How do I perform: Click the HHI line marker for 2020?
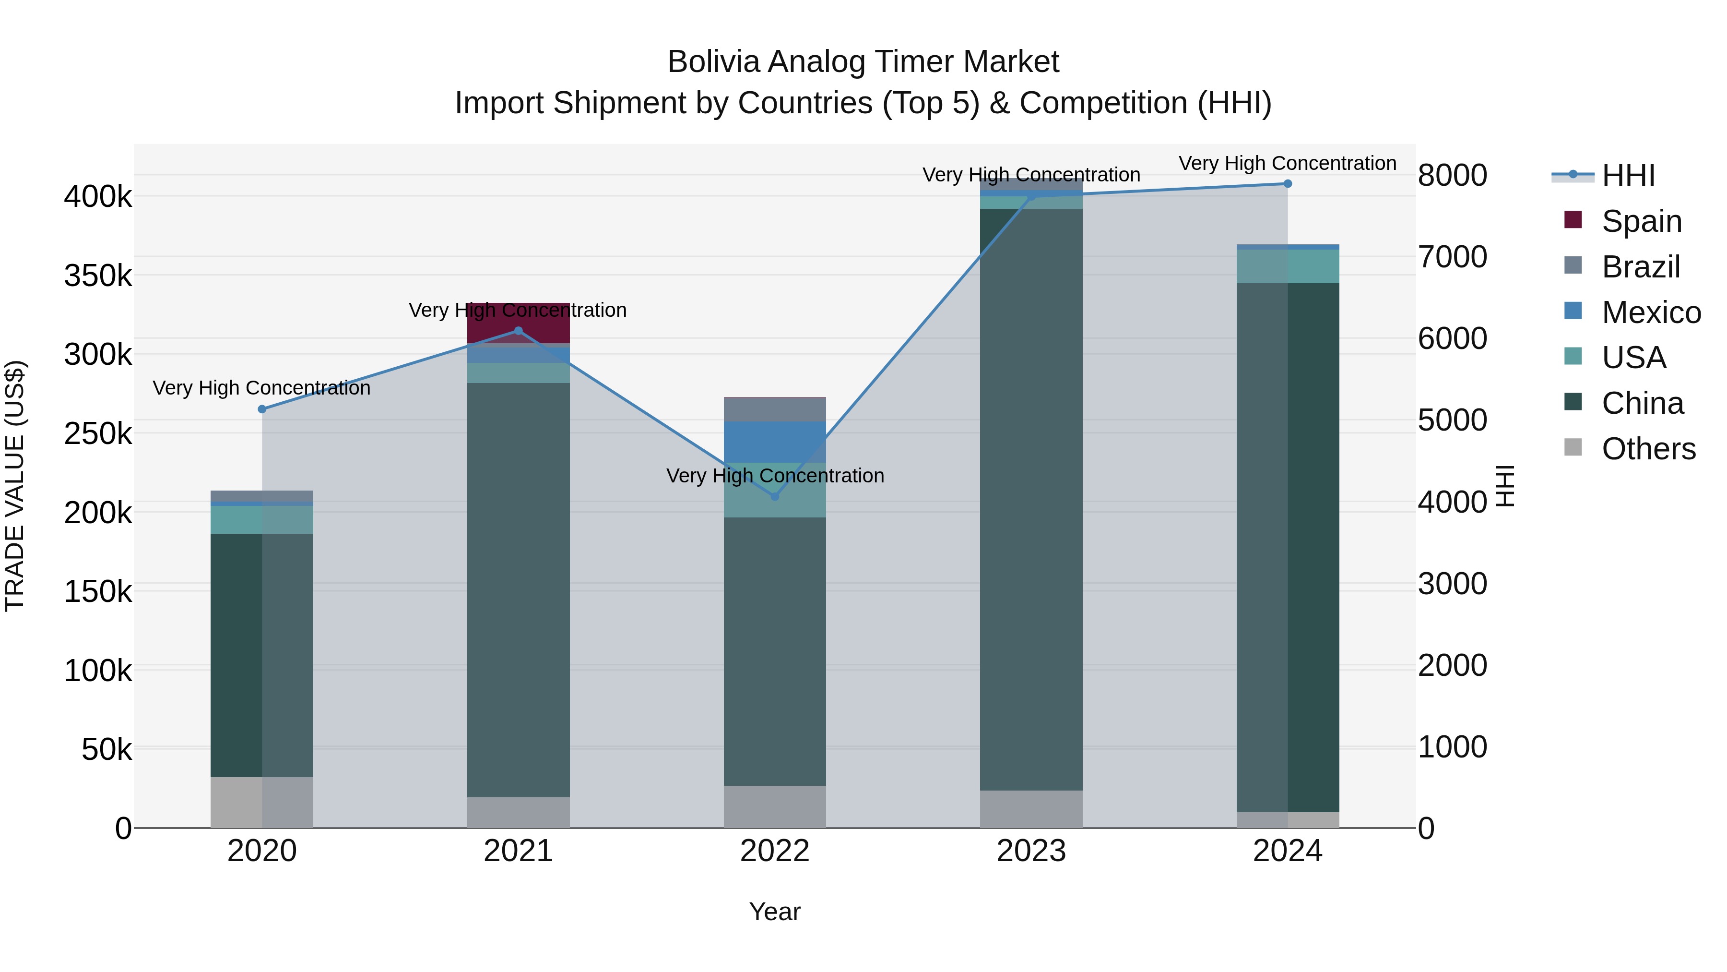click(x=262, y=409)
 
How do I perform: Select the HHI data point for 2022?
click(x=775, y=496)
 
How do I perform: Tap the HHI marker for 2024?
click(x=1287, y=184)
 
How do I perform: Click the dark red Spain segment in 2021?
click(x=518, y=324)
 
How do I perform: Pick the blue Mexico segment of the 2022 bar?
click(x=775, y=442)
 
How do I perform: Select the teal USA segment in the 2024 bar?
click(x=1287, y=266)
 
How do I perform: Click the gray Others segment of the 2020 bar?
click(x=262, y=802)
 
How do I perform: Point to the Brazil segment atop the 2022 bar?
click(x=775, y=410)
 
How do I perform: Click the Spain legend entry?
click(x=1641, y=221)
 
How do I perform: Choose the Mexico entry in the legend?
click(x=1651, y=312)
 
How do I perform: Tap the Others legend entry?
click(x=1648, y=449)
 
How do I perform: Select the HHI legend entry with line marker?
click(x=1628, y=176)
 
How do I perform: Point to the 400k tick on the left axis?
click(x=98, y=197)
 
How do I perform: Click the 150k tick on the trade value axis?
click(x=98, y=592)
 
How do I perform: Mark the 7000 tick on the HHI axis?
click(x=1453, y=257)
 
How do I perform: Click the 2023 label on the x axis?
click(x=1031, y=851)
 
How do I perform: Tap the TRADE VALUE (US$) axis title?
click(x=15, y=486)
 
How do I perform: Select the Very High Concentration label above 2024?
click(x=1287, y=164)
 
